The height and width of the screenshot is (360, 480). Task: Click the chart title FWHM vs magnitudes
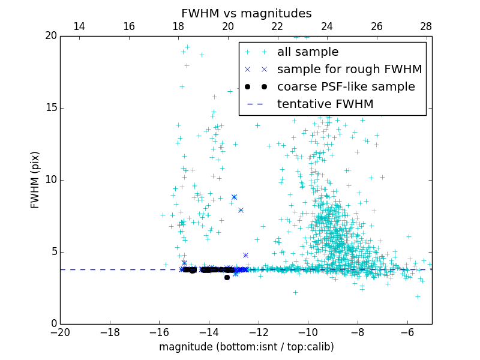246,13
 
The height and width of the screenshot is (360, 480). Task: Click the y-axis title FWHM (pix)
35,180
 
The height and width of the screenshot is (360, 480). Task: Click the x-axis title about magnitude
246,347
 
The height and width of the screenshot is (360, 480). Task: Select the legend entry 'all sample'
308,52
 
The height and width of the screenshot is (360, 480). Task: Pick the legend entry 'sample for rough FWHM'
349,70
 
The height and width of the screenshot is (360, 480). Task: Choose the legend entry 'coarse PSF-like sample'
346,87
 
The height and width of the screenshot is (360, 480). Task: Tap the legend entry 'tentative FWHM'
325,104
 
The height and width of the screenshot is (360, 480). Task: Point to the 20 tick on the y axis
50,36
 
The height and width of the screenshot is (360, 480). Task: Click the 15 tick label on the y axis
50,108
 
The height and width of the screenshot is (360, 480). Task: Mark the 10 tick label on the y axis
50,180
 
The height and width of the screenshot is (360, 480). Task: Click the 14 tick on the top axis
79,26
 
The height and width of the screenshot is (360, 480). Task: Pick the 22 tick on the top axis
277,26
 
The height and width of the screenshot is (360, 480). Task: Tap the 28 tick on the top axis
426,26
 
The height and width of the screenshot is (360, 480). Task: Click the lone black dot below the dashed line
227,277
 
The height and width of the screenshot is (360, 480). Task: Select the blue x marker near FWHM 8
241,210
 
